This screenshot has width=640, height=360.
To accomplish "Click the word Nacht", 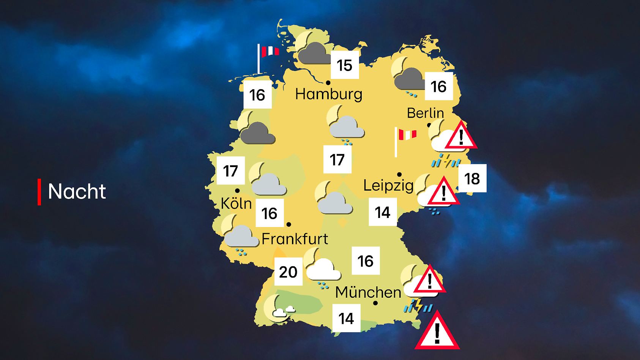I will pos(77,191).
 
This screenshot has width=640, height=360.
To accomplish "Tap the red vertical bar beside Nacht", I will pos(39,192).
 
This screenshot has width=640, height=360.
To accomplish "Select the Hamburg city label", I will pos(329,94).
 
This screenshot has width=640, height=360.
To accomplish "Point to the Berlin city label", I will pos(425,113).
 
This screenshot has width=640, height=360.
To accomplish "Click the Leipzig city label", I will pos(388,186).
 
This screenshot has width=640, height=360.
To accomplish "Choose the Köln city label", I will pos(236,204).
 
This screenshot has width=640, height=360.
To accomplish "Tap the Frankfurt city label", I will pos(295,239).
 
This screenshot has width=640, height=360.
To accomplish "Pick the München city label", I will pos(368,292).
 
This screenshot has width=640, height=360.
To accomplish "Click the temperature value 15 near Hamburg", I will pos(344,65).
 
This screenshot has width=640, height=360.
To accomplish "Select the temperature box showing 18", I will pos(472,178).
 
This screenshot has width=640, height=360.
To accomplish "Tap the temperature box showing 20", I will pos(288,272).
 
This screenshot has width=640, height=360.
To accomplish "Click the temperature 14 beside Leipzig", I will pos(383,212).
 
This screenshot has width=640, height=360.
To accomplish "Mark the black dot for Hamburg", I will pos(328,82).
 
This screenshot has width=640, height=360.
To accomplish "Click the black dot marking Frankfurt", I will pos(289,224).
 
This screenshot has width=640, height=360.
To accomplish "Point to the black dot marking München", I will pos(375,303).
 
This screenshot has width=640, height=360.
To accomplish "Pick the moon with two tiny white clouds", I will pos(278,308).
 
